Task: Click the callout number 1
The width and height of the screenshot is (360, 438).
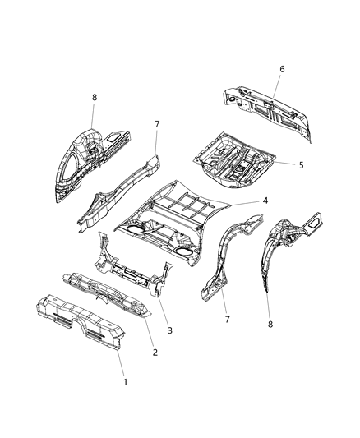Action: [125, 382]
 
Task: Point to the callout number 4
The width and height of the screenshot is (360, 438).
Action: [265, 201]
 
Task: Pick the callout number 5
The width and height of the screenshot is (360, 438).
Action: [300, 164]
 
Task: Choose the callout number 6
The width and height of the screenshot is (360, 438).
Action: [281, 70]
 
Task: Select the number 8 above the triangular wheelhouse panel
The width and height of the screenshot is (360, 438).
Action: [95, 97]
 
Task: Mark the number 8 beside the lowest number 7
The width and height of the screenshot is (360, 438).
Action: [270, 323]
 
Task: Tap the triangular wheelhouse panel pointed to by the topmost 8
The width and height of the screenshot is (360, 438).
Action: [82, 164]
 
